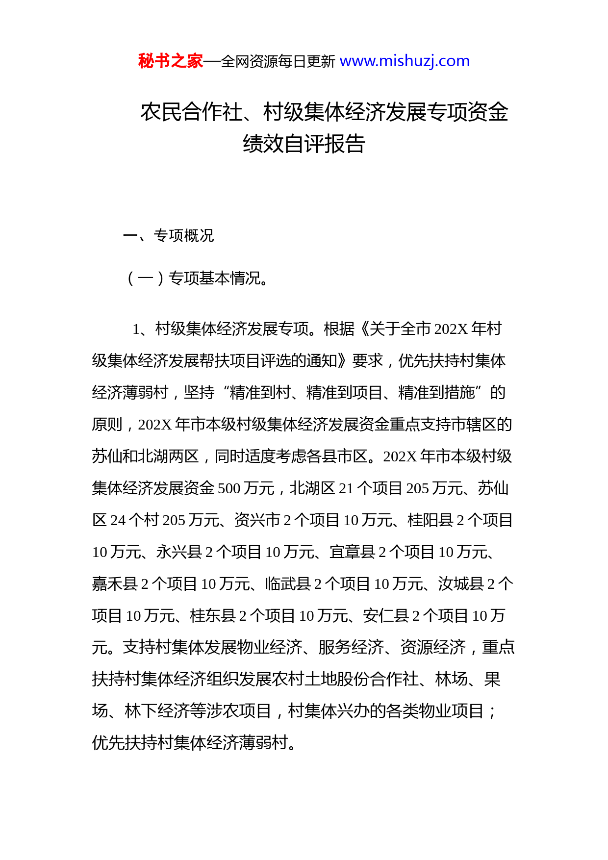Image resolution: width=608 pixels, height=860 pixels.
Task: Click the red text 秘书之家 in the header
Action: tap(170, 61)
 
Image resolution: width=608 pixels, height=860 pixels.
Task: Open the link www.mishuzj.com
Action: tap(405, 61)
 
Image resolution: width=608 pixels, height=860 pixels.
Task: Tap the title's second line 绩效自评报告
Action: tap(304, 144)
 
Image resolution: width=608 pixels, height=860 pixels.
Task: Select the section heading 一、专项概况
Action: tap(168, 236)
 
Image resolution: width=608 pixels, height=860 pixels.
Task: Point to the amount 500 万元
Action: tap(246, 488)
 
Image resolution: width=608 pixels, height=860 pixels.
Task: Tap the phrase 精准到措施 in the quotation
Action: tap(436, 393)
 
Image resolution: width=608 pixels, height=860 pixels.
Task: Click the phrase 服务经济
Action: tap(351, 648)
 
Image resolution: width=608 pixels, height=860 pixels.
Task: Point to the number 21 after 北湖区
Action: tap(346, 488)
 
